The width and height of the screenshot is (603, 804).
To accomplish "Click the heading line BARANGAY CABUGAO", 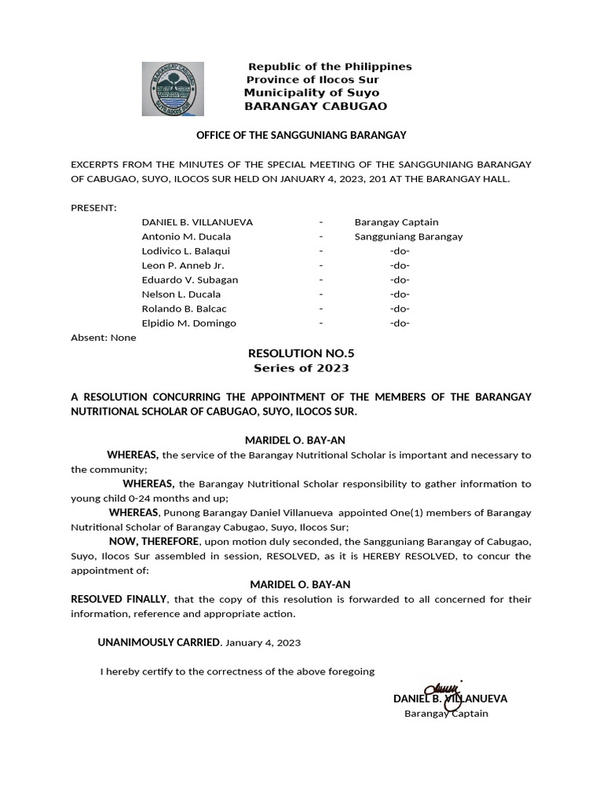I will [x=316, y=106].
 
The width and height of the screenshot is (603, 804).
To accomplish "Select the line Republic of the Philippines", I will [x=330, y=67].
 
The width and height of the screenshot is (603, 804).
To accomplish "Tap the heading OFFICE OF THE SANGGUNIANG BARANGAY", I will [x=301, y=135].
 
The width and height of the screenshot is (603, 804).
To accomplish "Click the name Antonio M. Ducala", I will [x=186, y=236].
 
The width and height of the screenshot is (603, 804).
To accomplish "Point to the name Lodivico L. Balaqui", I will [x=185, y=251].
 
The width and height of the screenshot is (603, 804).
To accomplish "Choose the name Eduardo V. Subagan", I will [x=189, y=280].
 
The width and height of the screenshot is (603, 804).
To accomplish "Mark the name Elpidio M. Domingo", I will [x=188, y=323].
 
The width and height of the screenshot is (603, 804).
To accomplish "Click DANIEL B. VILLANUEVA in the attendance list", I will [x=197, y=222].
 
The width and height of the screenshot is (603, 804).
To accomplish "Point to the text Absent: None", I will [x=103, y=338].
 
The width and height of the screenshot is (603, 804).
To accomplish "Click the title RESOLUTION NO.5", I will [x=301, y=353].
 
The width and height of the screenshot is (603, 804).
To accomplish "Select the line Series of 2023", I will [x=301, y=367].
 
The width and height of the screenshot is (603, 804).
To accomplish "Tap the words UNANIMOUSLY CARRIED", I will [x=159, y=642].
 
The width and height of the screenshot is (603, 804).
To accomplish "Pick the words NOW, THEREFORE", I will [x=153, y=542].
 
